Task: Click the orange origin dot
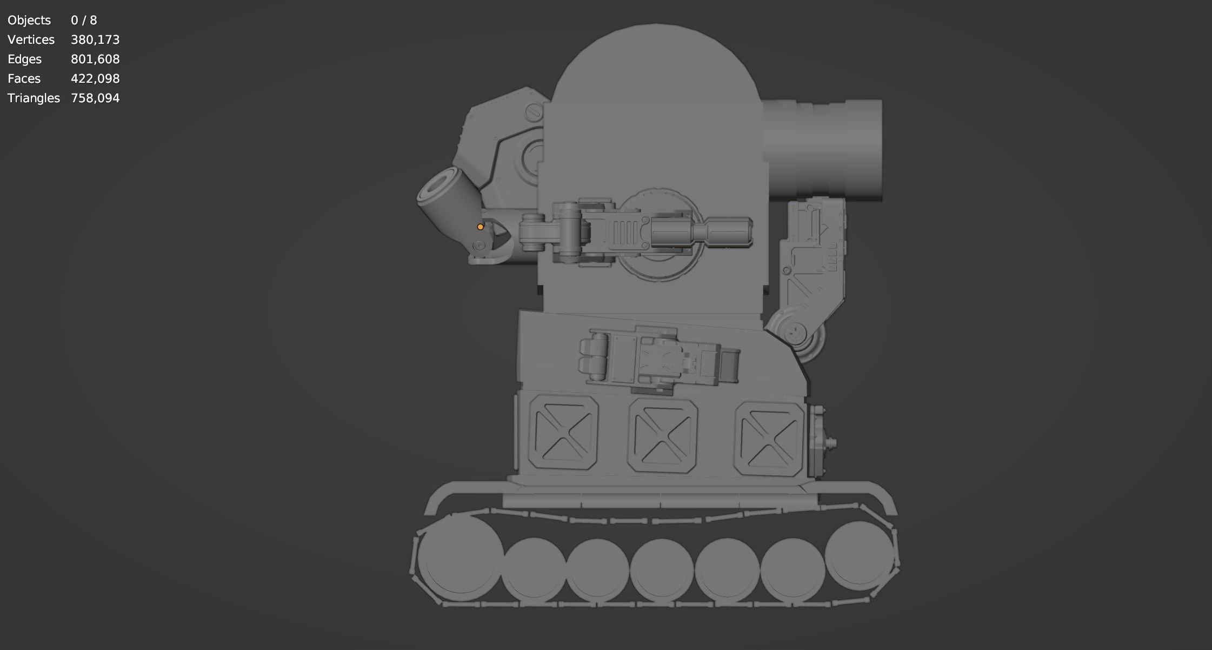[x=480, y=227]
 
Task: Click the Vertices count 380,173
[x=95, y=40]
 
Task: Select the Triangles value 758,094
[x=95, y=98]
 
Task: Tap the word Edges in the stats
[x=25, y=59]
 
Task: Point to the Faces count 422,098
[x=95, y=79]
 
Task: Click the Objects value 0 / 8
[x=84, y=21]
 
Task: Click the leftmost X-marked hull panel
[x=563, y=432]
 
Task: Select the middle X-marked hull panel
[x=663, y=435]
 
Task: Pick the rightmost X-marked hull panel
[x=769, y=439]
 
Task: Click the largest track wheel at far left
[x=460, y=557]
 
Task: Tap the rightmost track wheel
[x=859, y=553]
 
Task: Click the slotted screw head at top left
[x=534, y=112]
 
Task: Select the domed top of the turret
[x=655, y=65]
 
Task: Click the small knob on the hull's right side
[x=833, y=443]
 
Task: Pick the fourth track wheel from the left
[x=662, y=570]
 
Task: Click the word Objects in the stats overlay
[x=29, y=21]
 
